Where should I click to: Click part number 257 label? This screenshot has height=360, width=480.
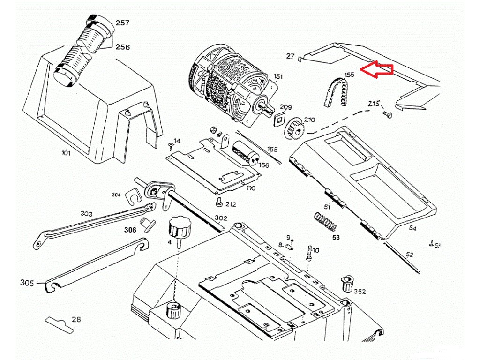click(x=123, y=23)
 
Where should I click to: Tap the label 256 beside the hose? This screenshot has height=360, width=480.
click(x=123, y=47)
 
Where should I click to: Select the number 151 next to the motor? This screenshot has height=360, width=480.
click(x=278, y=77)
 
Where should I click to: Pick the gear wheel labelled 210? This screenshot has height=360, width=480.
click(x=293, y=127)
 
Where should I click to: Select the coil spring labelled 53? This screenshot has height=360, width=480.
click(x=325, y=221)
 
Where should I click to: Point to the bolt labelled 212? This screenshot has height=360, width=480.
click(x=218, y=202)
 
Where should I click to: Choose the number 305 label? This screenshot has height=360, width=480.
click(x=27, y=283)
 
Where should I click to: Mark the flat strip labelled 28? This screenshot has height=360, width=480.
click(x=60, y=323)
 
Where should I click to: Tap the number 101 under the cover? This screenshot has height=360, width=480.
click(x=66, y=153)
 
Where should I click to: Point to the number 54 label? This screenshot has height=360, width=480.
click(x=412, y=228)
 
